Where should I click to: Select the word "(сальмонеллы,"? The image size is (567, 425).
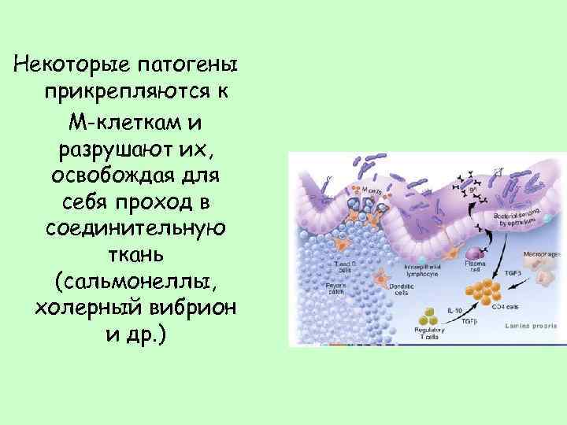tap(136, 281)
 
